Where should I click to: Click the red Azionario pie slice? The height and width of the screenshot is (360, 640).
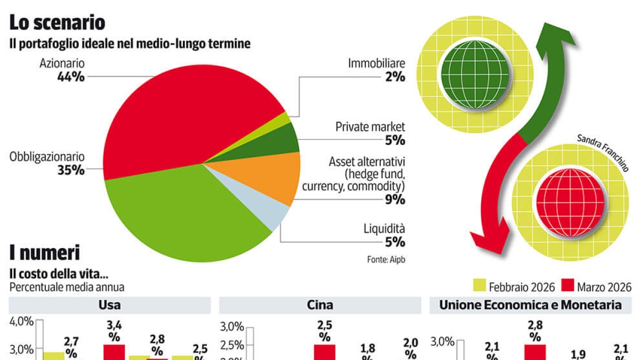click(181, 112)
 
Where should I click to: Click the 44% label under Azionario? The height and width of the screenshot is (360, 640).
click(70, 77)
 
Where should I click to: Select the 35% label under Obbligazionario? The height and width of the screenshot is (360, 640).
click(70, 171)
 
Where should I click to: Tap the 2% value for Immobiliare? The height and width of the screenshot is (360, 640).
click(394, 77)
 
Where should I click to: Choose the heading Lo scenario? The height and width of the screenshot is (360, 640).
click(57, 22)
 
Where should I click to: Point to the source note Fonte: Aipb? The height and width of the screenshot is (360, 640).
click(382, 260)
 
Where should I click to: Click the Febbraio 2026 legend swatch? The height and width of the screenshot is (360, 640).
click(479, 287)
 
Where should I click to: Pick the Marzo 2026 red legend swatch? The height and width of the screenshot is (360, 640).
click(568, 287)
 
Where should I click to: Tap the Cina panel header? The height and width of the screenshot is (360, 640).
click(320, 305)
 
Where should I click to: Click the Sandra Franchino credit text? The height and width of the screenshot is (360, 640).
click(603, 153)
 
